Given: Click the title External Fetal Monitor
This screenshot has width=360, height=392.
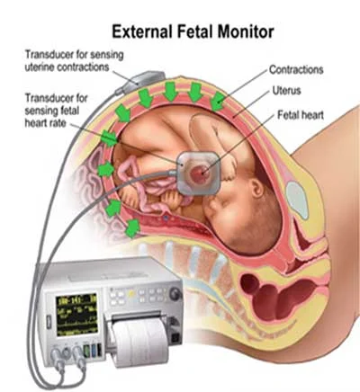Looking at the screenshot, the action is point(193,31).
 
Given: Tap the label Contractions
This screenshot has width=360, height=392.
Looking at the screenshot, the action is point(296,69).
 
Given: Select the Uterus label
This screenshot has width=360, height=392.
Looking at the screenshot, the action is point(286,90).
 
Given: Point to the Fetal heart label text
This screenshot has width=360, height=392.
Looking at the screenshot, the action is point(301,115).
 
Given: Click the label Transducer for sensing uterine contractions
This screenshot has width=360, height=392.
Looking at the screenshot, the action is point(74,61).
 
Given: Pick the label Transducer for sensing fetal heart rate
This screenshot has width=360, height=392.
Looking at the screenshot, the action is point(56,111).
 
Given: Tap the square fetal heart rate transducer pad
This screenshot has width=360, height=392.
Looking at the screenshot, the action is point(198,173).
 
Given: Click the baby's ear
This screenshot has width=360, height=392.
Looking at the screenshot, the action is point(256,188).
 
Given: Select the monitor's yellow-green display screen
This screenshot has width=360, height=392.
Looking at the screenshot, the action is point(77,315).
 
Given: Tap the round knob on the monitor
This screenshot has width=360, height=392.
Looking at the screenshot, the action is point(175,294).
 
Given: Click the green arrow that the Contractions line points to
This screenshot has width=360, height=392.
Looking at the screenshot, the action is point(218,102).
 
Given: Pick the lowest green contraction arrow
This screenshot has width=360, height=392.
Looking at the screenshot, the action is point(133,228).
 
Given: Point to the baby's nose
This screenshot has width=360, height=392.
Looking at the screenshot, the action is point(210,205).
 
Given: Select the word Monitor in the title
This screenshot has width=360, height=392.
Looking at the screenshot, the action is point(246,31).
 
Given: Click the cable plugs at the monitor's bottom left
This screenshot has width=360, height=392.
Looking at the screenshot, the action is point(67,356).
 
